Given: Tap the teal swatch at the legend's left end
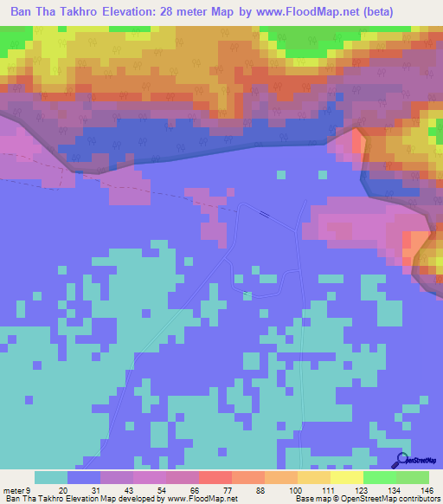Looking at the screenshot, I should pos(51,477).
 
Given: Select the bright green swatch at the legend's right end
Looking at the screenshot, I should pos(412,477).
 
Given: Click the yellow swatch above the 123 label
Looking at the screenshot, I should pos(346,477).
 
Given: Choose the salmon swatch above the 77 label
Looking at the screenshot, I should pos(215,477).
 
